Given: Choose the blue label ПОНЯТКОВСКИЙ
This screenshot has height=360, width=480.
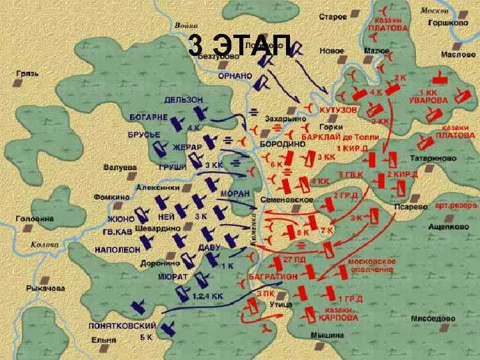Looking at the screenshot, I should click(x=122, y=325).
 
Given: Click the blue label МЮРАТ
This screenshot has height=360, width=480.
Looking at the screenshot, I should click(x=172, y=275).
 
